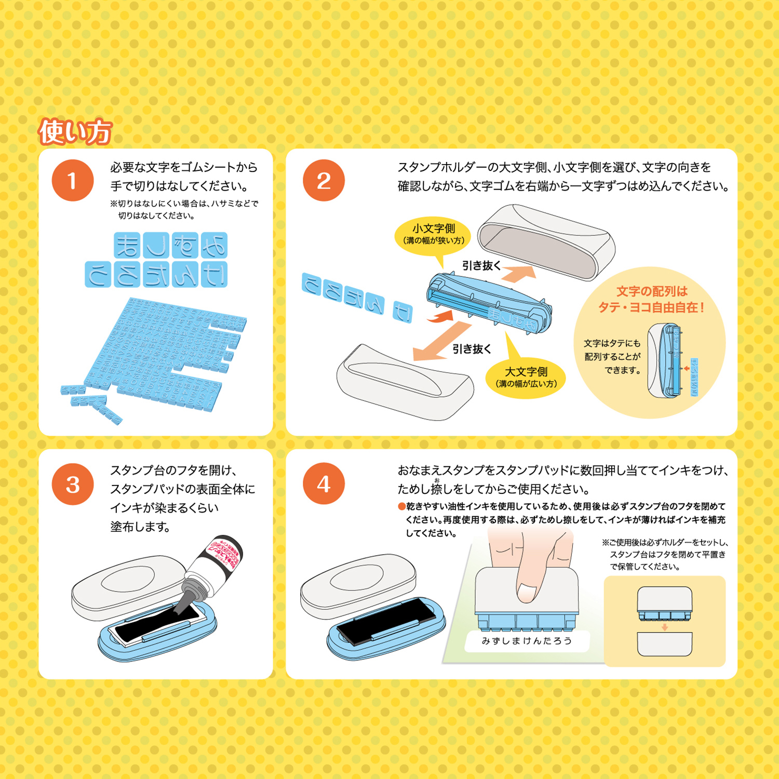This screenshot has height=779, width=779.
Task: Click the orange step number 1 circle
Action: (x=72, y=181)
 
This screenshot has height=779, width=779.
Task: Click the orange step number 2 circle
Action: (x=324, y=181)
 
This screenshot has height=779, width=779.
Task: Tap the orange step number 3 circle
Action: (x=72, y=484)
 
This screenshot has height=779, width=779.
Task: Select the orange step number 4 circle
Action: (x=324, y=484)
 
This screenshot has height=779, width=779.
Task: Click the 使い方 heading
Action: (x=75, y=132)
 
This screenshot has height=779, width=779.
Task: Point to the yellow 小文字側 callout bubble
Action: (x=433, y=233)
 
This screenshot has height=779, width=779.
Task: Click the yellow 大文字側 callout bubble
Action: (x=526, y=377)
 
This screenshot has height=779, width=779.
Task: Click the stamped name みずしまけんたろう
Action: (x=527, y=641)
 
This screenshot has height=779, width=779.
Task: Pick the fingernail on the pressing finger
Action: (x=527, y=593)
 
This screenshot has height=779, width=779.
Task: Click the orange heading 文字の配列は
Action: (x=652, y=291)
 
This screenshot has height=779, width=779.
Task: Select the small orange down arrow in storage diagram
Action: (x=665, y=627)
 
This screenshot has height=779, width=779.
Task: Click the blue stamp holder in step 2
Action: (x=488, y=304)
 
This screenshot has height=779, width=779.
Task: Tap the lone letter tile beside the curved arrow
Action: (x=402, y=311)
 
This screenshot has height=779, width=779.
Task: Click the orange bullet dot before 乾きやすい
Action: (x=401, y=506)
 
